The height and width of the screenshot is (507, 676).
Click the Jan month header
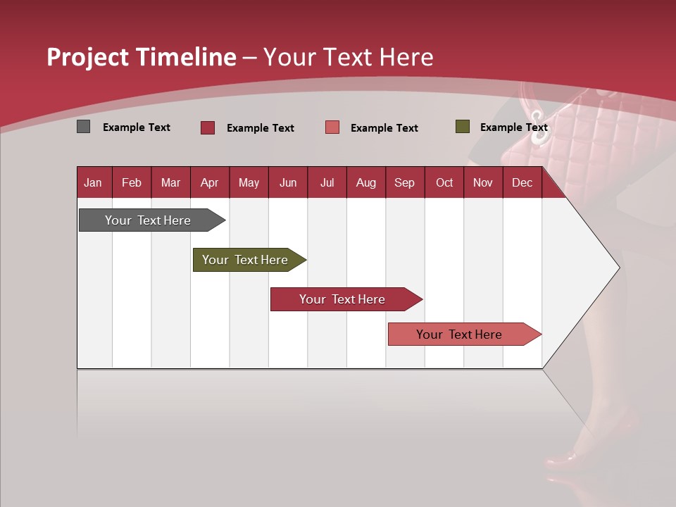coord(93,182)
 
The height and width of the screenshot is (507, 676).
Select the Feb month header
coord(132,182)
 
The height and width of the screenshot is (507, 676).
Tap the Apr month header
coord(210,182)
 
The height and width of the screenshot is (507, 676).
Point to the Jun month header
coord(288,182)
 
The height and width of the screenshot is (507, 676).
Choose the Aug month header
coord(366,182)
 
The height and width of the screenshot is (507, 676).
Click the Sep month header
coord(405,182)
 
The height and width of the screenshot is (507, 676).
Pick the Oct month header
coord(444,182)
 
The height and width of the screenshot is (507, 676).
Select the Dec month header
coord(522,182)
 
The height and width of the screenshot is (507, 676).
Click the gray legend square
coord(84,127)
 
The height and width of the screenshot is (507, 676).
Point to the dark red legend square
coord(208,127)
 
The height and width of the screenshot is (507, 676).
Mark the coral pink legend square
coord(332,127)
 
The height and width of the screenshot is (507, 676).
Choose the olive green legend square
coord(463,127)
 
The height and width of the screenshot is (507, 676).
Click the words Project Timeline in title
coord(142,57)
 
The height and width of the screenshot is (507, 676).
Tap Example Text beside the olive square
coord(513,127)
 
